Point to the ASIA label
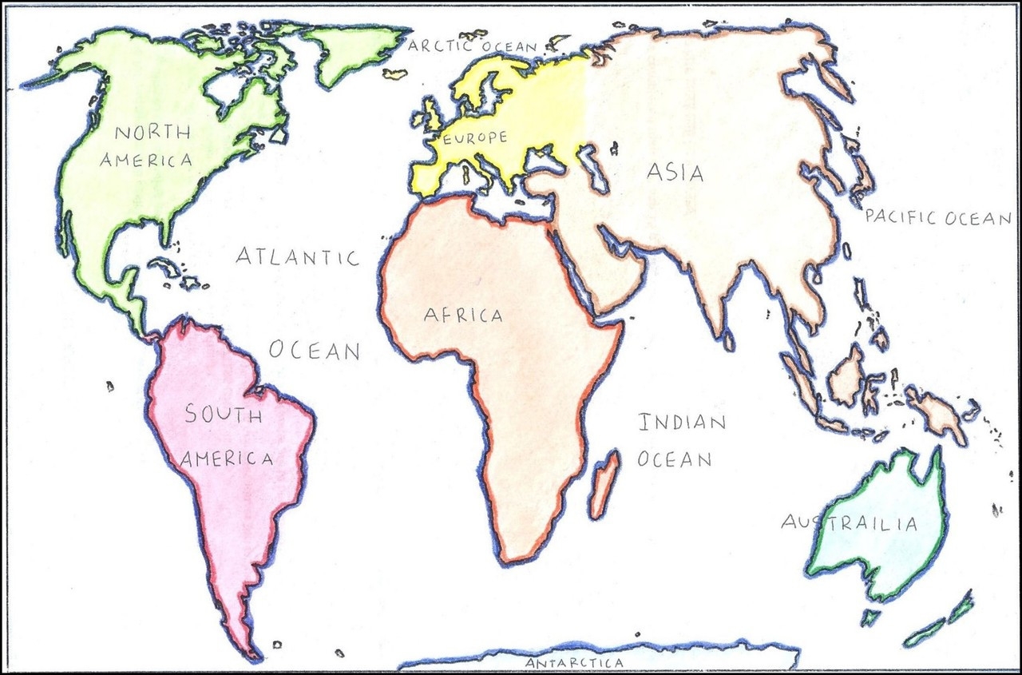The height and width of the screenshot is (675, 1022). [x=675, y=172]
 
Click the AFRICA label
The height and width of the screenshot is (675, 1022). [x=463, y=316]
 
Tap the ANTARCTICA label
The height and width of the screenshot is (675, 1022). [x=574, y=663]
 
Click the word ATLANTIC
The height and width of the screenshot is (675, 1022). [x=298, y=257]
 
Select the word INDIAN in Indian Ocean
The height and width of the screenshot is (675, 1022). [x=681, y=423]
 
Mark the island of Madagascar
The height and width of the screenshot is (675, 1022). [x=604, y=484]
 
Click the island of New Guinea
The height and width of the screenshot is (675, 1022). [x=938, y=411]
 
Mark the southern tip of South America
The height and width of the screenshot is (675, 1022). [x=252, y=655]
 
